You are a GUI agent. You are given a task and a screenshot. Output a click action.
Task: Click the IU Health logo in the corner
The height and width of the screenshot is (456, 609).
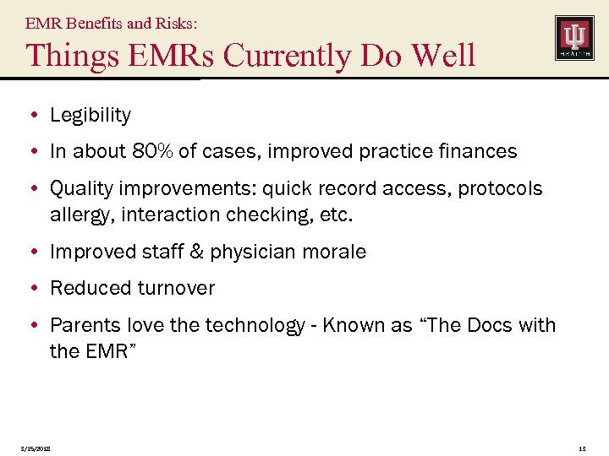pyautogui.click(x=574, y=38)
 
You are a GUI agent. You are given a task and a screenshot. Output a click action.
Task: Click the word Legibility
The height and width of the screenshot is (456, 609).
pyautogui.click(x=91, y=115)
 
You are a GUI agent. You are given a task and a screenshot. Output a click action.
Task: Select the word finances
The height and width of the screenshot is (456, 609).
pyautogui.click(x=479, y=152)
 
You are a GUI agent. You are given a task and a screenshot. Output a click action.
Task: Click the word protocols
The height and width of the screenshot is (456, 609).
pyautogui.click(x=500, y=189)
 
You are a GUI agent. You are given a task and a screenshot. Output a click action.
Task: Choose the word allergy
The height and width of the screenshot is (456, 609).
pyautogui.click(x=81, y=214)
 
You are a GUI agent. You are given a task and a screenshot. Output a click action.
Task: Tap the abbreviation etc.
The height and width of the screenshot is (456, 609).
pyautogui.click(x=336, y=214)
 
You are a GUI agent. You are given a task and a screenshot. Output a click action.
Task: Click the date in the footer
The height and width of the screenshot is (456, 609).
pyautogui.click(x=35, y=448)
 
